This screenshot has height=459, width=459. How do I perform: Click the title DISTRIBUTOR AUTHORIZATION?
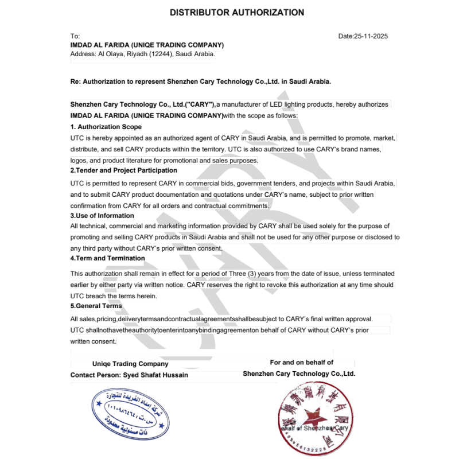pos(237,13)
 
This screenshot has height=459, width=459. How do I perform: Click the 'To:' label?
pos(75,36)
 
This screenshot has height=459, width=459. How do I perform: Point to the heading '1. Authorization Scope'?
pos(106,127)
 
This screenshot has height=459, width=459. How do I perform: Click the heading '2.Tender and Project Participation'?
pos(123,170)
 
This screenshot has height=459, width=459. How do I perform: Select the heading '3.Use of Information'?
pos(102,216)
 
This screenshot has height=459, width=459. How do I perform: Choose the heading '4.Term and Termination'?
pos(107,258)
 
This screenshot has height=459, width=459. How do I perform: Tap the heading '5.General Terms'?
pos(96,306)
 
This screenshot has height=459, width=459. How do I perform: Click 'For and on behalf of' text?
pos(301,362)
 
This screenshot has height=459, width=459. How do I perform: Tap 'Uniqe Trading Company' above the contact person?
pos(130,364)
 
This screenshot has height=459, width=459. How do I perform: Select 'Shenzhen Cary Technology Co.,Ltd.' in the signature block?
pos(299,374)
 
